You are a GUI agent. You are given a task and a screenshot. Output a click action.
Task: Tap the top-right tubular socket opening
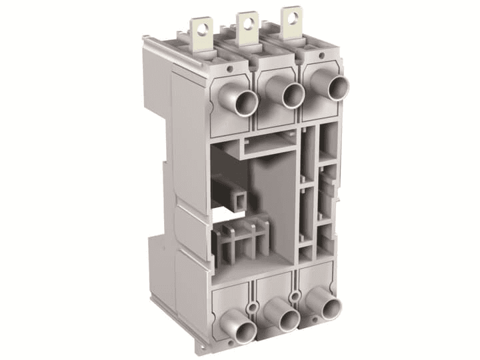[338, 87]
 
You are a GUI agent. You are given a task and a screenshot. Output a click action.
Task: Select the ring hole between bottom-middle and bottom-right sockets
[294, 294]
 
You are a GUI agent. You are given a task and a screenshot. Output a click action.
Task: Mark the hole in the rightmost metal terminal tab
[291, 15]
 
